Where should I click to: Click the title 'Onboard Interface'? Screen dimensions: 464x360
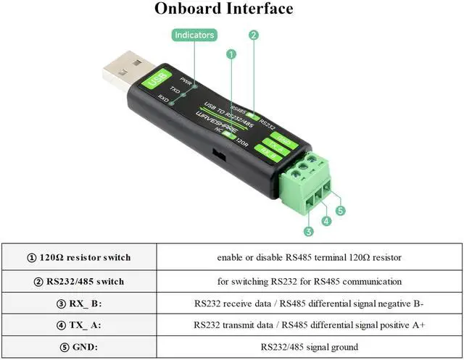point(223,9)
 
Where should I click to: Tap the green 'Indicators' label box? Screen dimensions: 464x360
point(195,35)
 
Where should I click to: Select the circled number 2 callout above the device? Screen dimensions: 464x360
point(254,35)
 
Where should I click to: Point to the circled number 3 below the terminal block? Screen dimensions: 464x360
point(308,232)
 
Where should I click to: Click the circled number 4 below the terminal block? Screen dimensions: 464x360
point(326,221)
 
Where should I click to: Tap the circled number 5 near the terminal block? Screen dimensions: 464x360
point(341,211)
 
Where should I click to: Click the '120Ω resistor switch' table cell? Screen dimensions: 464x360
point(80,257)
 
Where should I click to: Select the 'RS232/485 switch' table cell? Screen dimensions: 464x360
point(80,281)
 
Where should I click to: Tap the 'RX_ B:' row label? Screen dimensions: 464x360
point(80,304)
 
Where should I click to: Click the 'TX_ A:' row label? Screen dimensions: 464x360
point(80,325)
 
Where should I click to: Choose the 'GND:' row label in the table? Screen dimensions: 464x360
point(80,347)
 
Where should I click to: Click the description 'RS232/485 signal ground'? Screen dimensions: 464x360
point(310,347)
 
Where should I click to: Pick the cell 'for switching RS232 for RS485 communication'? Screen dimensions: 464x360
point(310,281)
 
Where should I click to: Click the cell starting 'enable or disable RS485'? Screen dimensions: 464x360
point(310,257)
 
